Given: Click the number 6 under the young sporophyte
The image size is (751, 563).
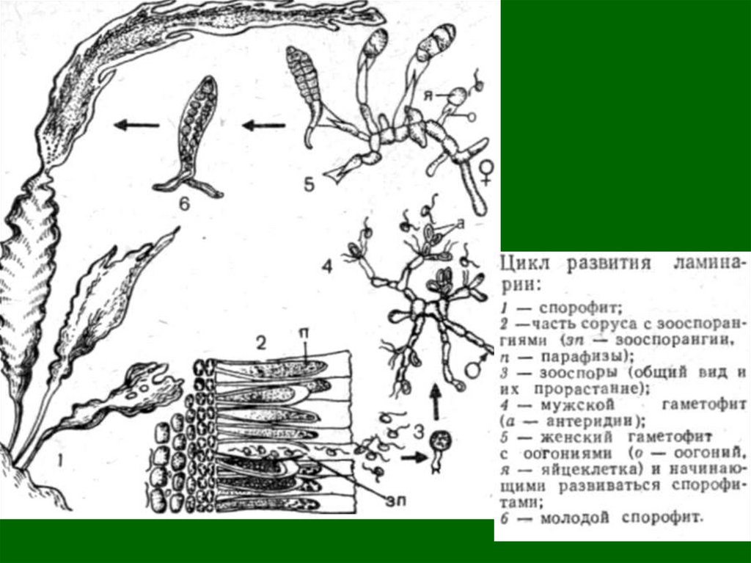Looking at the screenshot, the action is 184,204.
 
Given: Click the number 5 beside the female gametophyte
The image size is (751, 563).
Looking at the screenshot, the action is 309,184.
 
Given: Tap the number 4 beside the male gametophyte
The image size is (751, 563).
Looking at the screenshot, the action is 326,266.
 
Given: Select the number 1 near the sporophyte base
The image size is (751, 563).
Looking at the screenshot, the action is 60,461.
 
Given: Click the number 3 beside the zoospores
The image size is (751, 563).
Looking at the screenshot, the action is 419,432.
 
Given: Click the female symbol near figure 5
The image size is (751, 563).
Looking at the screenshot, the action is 487,172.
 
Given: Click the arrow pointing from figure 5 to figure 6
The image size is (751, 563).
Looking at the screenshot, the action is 263,126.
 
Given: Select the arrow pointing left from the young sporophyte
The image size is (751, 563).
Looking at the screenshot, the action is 136,126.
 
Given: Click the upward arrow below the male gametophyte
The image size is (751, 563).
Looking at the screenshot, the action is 435,403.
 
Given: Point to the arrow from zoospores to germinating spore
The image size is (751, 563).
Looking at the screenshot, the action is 414,457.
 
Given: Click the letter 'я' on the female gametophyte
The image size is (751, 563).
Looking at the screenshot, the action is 428,95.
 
